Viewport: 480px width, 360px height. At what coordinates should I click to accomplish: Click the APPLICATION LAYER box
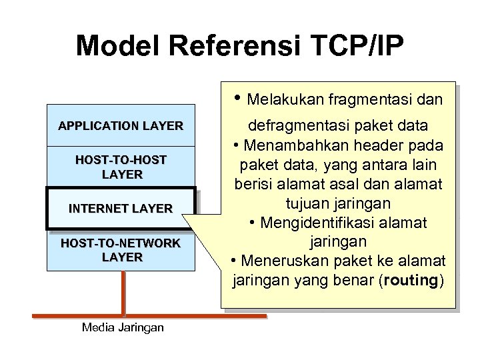click(x=121, y=125)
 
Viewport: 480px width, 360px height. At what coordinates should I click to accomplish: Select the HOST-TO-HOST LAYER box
click(x=121, y=167)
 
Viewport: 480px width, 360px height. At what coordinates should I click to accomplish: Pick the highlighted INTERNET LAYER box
click(x=121, y=209)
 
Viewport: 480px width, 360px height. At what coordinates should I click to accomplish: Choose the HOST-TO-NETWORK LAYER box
click(x=121, y=250)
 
